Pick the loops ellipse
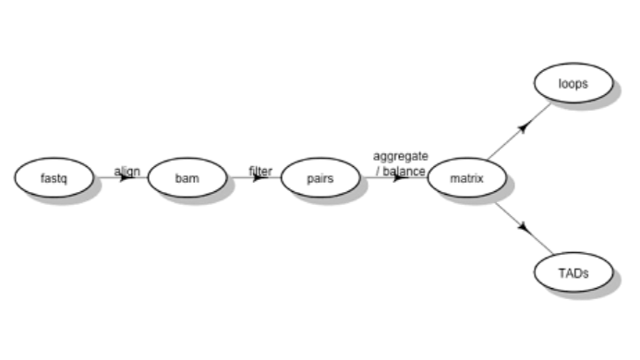pos(573,83)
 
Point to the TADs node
pos(573,272)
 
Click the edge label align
pos(127,171)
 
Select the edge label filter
pos(260,171)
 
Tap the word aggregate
pos(401,156)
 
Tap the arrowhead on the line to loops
pos(524,126)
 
